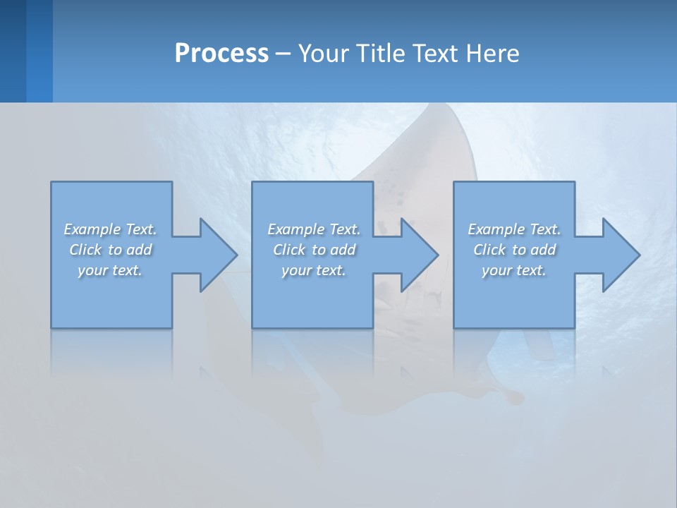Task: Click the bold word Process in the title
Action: point(221,54)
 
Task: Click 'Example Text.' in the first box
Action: point(110,229)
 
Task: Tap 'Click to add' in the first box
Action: point(111,250)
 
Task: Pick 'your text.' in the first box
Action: point(110,270)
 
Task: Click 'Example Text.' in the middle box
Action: point(314,229)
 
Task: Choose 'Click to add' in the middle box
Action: point(314,250)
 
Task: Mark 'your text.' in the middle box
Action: point(314,270)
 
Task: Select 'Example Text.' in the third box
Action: point(514,229)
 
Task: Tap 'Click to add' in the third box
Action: point(514,250)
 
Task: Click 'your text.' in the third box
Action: point(514,270)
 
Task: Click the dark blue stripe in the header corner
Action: point(13,51)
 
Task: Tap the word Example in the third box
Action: point(496,229)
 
